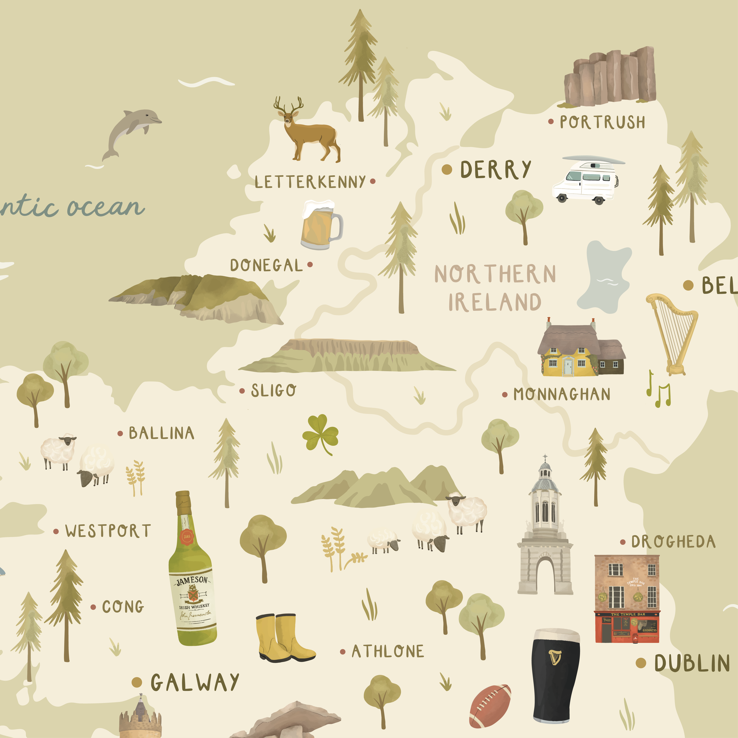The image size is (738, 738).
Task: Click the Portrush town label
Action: (x=602, y=122)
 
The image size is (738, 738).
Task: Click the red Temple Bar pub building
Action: (x=627, y=600)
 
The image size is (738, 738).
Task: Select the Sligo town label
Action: (x=273, y=390)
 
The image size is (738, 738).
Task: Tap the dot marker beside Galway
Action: (x=137, y=682)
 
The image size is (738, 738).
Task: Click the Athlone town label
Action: (x=387, y=651)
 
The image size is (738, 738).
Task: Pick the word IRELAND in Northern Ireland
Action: (x=495, y=302)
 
